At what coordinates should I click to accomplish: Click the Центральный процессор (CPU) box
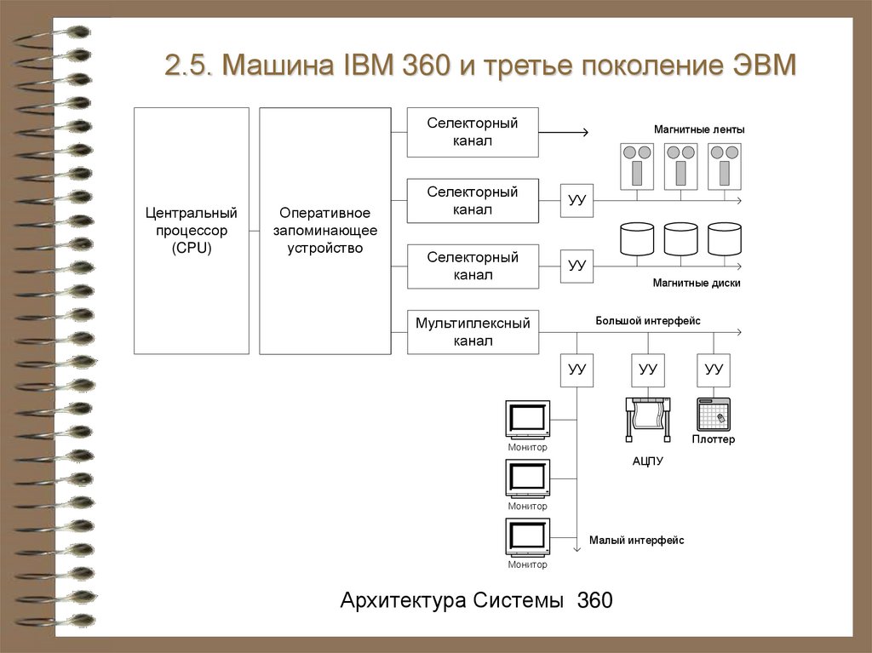(192, 231)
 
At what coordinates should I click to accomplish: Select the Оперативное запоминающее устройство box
(324, 231)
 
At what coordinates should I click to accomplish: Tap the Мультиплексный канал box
(473, 332)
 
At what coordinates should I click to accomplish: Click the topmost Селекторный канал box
(473, 132)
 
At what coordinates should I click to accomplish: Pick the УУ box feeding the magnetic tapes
(577, 201)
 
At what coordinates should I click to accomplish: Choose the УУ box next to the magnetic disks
(577, 266)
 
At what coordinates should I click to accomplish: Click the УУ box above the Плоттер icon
(714, 369)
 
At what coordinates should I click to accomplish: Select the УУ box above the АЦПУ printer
(648, 369)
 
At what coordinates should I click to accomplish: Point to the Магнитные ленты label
(699, 129)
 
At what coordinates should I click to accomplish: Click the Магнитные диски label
(697, 283)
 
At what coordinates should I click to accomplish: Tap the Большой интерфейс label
(647, 320)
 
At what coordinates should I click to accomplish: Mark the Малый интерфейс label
(636, 540)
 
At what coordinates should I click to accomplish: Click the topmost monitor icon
(527, 419)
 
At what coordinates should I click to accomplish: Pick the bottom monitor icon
(527, 537)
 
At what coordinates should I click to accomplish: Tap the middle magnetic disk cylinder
(680, 240)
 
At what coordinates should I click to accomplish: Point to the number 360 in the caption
(594, 600)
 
